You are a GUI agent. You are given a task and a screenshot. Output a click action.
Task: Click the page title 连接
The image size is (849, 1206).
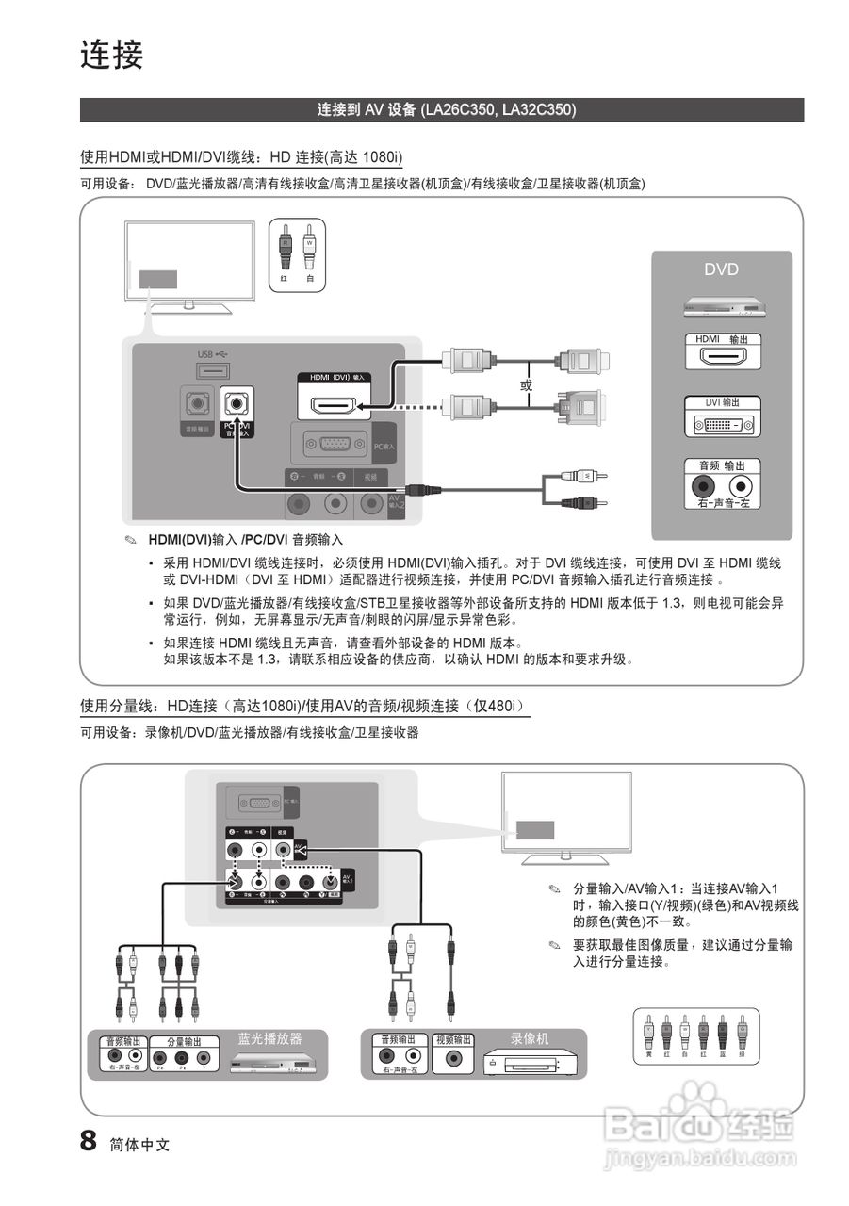[x=111, y=55]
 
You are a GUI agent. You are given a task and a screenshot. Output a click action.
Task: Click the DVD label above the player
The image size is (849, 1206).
[x=721, y=269]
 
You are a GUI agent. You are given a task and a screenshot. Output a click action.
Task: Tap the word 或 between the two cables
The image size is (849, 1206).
[x=527, y=385]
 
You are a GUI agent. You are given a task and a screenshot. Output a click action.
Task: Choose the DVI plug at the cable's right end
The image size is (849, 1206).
[x=580, y=407]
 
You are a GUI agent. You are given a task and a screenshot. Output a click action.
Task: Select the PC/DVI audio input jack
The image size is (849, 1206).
[x=237, y=404]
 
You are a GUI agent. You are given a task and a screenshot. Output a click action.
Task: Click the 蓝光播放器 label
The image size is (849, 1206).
[x=269, y=1038]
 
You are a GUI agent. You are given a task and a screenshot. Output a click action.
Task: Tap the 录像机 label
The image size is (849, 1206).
[x=530, y=1038]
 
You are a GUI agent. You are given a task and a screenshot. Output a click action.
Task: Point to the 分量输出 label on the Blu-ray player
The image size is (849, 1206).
[x=184, y=1042]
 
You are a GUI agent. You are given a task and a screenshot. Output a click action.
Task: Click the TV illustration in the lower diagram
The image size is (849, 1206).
[x=566, y=816]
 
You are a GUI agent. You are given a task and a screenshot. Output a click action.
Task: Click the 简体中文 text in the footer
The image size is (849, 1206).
[x=139, y=1145]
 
